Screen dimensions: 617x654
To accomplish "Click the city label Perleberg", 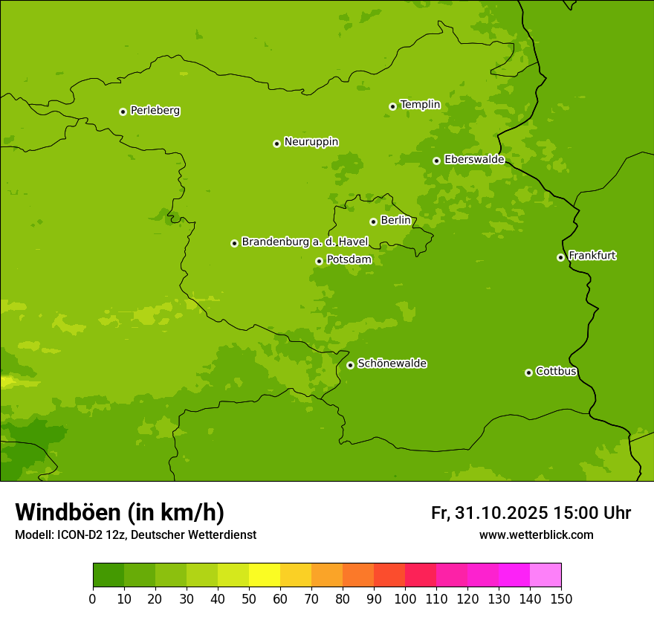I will coord(155,111).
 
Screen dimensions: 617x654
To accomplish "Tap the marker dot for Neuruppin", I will coord(276,143).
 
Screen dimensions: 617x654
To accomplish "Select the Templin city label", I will coord(420,105).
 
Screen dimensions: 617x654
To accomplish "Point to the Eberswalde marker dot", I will coord(436,161).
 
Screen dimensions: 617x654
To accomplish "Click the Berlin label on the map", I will coord(395,221).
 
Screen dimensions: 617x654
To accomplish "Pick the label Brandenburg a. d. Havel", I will coord(305,242).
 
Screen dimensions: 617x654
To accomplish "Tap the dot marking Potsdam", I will coord(319,261).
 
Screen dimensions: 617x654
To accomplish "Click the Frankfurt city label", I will coord(592,256).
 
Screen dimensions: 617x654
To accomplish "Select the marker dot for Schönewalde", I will coord(350,365).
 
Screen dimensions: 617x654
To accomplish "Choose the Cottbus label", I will coord(556,371).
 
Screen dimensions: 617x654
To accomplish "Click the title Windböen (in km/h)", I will coord(120,512).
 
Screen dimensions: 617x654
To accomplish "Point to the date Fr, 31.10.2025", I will coord(489,513).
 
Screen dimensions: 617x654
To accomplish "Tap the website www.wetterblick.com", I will coord(536,535).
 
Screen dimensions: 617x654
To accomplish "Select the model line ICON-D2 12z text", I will coord(89,535).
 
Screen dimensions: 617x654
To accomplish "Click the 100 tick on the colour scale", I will coord(404,598).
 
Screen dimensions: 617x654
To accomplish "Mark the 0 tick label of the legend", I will coord(93,598).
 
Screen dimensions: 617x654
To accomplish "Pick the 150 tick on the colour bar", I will coord(560,598).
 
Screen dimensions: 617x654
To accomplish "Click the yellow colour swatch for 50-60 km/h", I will coord(265,575).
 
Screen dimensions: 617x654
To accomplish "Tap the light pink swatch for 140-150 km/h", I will coord(545,575).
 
